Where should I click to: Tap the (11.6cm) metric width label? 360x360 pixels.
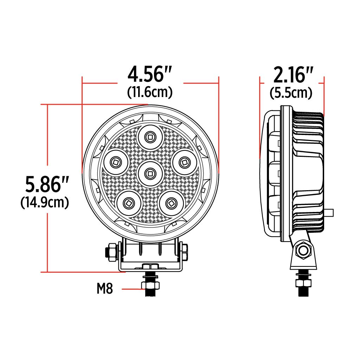pyautogui.click(x=150, y=92)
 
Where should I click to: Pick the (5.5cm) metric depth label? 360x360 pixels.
pyautogui.click(x=291, y=93)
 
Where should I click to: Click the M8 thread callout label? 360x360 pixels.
pyautogui.click(x=105, y=289)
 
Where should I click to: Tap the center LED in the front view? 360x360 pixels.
pyautogui.click(x=150, y=173)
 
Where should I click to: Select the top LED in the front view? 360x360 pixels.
pyautogui.click(x=150, y=137)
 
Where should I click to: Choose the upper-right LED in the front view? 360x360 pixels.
pyautogui.click(x=184, y=162)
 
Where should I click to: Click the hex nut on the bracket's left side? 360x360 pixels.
pyautogui.click(x=111, y=252)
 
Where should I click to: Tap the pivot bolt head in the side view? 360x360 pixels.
pyautogui.click(x=303, y=251)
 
